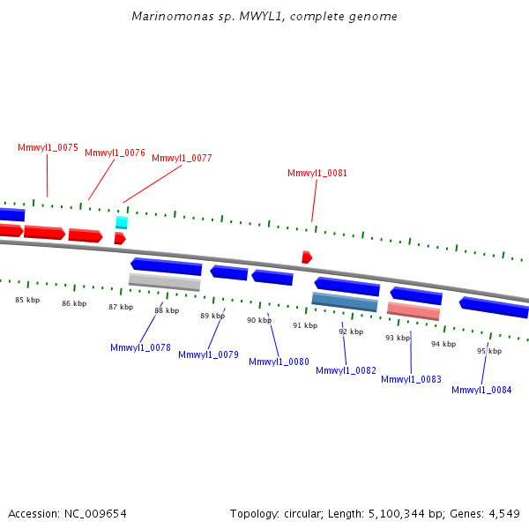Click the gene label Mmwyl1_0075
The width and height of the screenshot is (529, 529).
(48, 147)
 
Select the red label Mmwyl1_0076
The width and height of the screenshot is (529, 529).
(115, 153)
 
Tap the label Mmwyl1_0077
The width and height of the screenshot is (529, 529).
(182, 158)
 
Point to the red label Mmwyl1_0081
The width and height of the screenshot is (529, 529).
(317, 173)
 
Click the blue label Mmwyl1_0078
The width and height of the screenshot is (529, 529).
(140, 347)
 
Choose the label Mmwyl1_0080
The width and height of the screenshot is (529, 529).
(279, 361)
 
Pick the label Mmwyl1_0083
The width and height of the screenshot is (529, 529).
(411, 379)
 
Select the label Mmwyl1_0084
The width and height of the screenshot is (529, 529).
(481, 390)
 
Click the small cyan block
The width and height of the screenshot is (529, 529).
(122, 222)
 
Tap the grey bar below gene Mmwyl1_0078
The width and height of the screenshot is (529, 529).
(164, 282)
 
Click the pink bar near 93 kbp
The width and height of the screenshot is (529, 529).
(414, 311)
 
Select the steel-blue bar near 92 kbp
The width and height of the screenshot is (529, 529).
(345, 302)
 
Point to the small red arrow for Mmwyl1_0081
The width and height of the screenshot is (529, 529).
(306, 257)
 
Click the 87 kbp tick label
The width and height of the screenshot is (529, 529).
(121, 307)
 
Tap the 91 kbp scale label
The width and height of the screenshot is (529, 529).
(305, 325)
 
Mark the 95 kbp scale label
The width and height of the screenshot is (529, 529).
(489, 351)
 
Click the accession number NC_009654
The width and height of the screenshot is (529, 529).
(97, 513)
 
